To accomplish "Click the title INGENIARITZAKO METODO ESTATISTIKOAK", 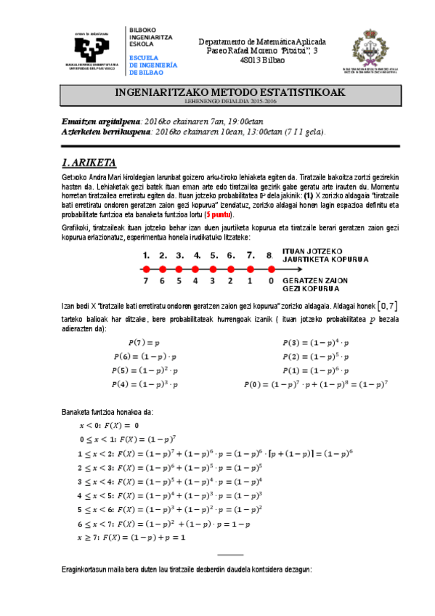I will coord(229,93).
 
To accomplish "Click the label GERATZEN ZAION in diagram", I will coord(313,280).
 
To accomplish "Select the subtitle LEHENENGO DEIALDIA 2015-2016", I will coord(229,102).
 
